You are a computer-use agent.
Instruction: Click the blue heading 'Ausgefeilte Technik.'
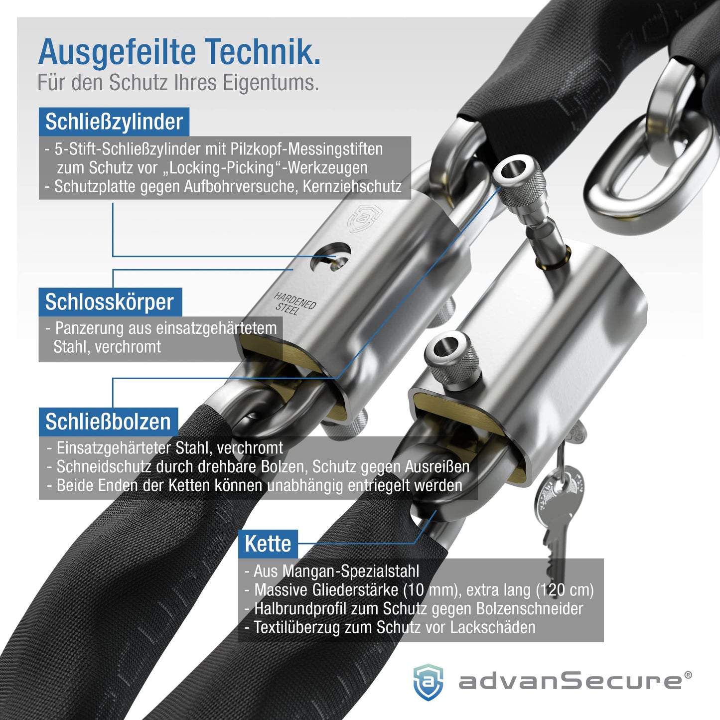coord(179,52)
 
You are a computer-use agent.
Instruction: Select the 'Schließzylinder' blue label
coord(114,122)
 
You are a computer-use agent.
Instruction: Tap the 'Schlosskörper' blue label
coord(110,302)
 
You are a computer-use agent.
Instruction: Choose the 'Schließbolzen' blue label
coord(108,422)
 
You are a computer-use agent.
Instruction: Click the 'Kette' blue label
coord(268,544)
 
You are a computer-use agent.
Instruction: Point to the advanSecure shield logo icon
coord(428,682)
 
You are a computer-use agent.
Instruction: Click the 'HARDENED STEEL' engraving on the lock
coord(295,303)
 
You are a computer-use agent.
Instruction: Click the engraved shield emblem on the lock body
coord(364,219)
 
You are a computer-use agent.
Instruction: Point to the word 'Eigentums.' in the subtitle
coord(271,83)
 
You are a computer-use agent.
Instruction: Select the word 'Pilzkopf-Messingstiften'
coord(306,149)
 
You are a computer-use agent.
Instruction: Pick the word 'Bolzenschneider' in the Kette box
coord(530,609)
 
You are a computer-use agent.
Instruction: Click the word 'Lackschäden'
coord(492,627)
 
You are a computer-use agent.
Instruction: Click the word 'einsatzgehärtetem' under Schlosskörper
coord(216,329)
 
